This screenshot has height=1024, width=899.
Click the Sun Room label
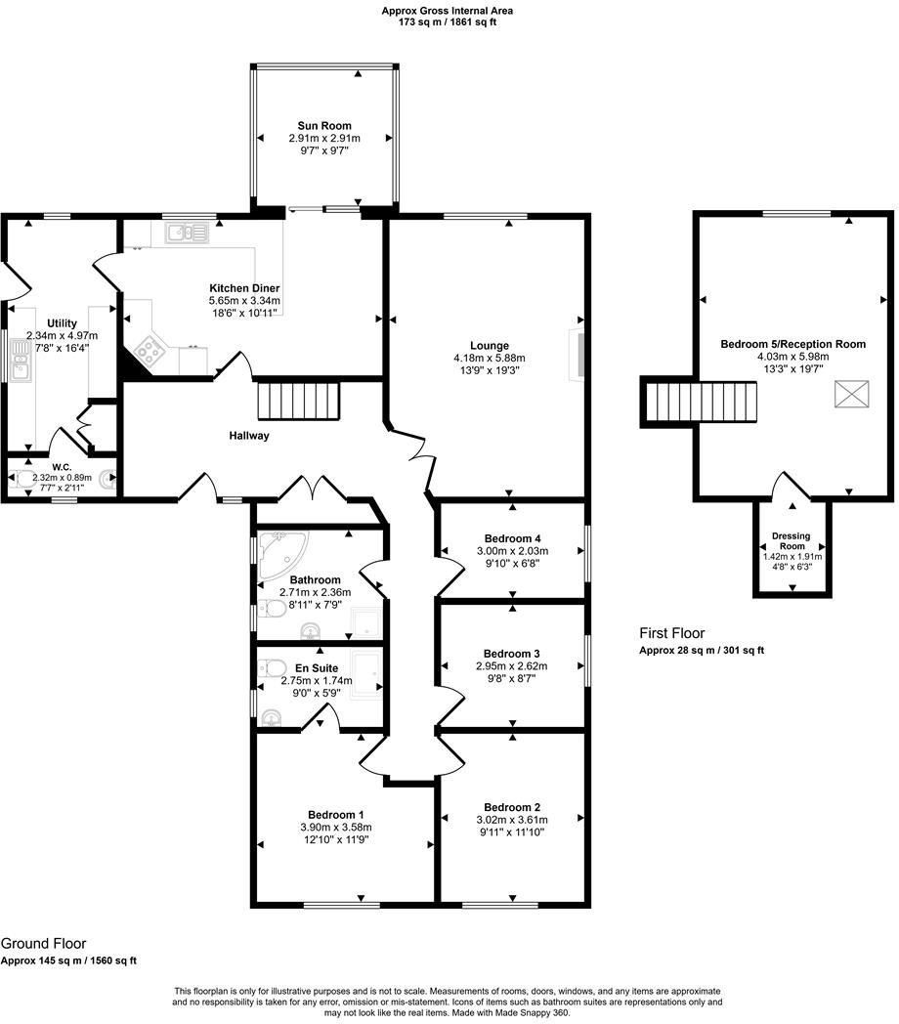click(x=324, y=126)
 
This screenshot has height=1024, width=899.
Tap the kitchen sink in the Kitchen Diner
click(x=186, y=233)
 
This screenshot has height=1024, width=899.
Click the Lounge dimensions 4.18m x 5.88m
click(x=490, y=359)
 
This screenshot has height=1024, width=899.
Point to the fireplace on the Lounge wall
click(x=578, y=354)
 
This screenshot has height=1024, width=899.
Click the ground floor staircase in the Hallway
click(x=297, y=401)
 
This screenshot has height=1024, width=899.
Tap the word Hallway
click(x=249, y=436)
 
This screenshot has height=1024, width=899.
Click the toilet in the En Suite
click(x=271, y=669)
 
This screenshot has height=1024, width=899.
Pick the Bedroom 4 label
click(x=512, y=538)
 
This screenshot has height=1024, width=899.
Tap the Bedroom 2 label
click(x=512, y=807)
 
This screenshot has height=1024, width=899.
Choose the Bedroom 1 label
click(x=336, y=815)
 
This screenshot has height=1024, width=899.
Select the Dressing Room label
click(x=792, y=541)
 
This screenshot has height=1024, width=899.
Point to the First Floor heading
click(x=672, y=633)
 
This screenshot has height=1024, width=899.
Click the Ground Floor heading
click(x=43, y=944)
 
